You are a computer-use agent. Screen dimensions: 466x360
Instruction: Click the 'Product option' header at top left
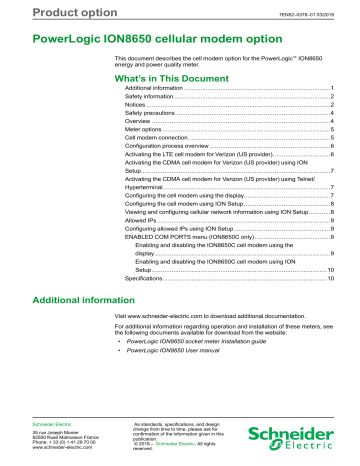click(44, 11)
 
